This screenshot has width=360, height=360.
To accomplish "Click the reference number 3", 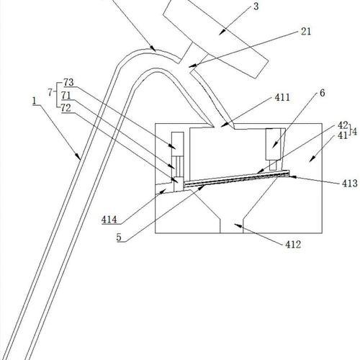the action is pyautogui.click(x=256, y=6).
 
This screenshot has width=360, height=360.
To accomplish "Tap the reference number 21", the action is pyautogui.click(x=306, y=32).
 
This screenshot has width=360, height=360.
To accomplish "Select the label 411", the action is pyautogui.click(x=282, y=97).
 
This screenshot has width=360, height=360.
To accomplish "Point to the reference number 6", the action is pyautogui.click(x=323, y=93).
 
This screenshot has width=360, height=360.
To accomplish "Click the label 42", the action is pyautogui.click(x=343, y=125).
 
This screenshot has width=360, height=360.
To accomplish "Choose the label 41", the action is pyautogui.click(x=343, y=135).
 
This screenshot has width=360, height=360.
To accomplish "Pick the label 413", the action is pyautogui.click(x=350, y=184).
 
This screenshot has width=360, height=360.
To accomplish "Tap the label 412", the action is pyautogui.click(x=293, y=245).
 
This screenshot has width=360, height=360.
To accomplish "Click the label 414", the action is pyautogui.click(x=109, y=220).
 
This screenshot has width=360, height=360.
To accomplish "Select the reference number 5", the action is pyautogui.click(x=119, y=238).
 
